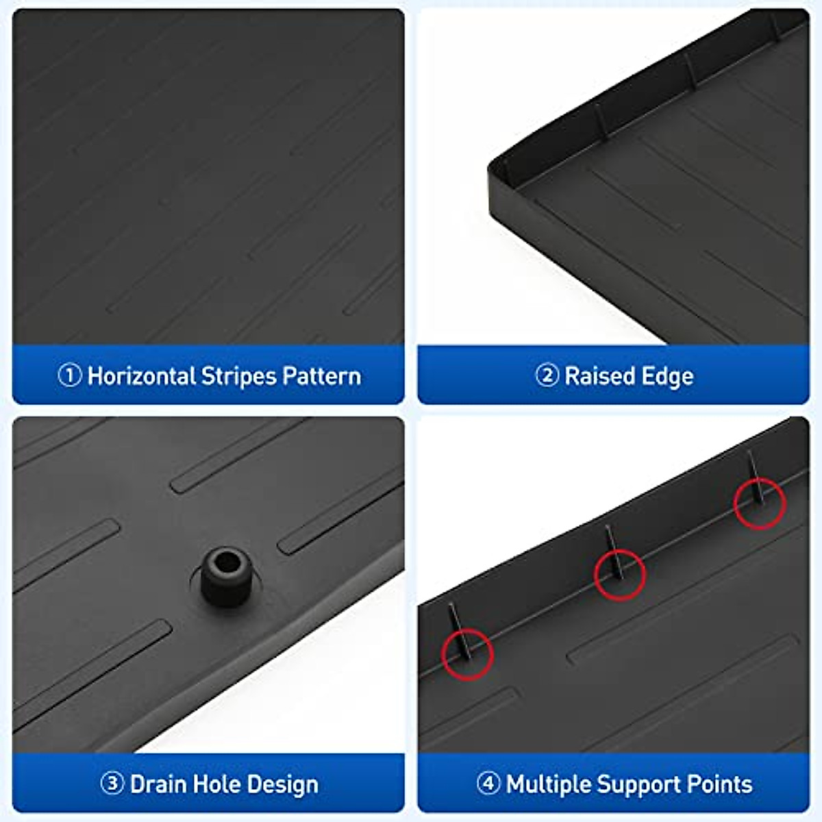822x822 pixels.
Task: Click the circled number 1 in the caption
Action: [x=70, y=375]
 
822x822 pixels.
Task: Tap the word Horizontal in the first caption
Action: [x=142, y=376]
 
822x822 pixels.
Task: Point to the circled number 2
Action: [x=547, y=375]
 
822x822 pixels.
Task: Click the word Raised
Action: [x=590, y=376]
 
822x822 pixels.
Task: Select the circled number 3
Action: [x=112, y=784]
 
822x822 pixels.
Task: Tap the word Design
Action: [x=282, y=784]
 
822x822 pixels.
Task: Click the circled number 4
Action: [x=488, y=784]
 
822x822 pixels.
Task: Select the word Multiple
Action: [x=548, y=784]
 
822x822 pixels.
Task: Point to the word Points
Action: [x=719, y=784]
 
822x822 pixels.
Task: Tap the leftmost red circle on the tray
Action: [x=468, y=653]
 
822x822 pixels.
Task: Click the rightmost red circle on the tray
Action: [x=760, y=503]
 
